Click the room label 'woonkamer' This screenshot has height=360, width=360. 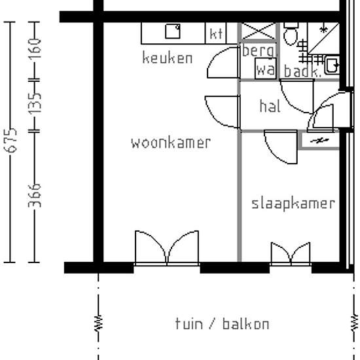171,143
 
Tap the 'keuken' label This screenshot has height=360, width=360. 168,58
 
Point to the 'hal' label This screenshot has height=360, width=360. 270,106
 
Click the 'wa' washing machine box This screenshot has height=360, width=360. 265,69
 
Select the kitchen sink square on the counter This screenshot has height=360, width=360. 173,31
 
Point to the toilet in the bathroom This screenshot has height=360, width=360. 291,35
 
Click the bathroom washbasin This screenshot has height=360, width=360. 331,65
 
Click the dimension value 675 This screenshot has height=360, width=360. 10,142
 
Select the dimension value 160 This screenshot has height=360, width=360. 36,48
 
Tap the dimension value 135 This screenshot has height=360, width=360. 36,102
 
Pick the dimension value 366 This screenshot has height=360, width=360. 36,195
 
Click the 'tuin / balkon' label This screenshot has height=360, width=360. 222,324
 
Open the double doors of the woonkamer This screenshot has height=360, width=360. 167,249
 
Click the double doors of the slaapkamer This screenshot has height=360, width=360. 291,254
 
